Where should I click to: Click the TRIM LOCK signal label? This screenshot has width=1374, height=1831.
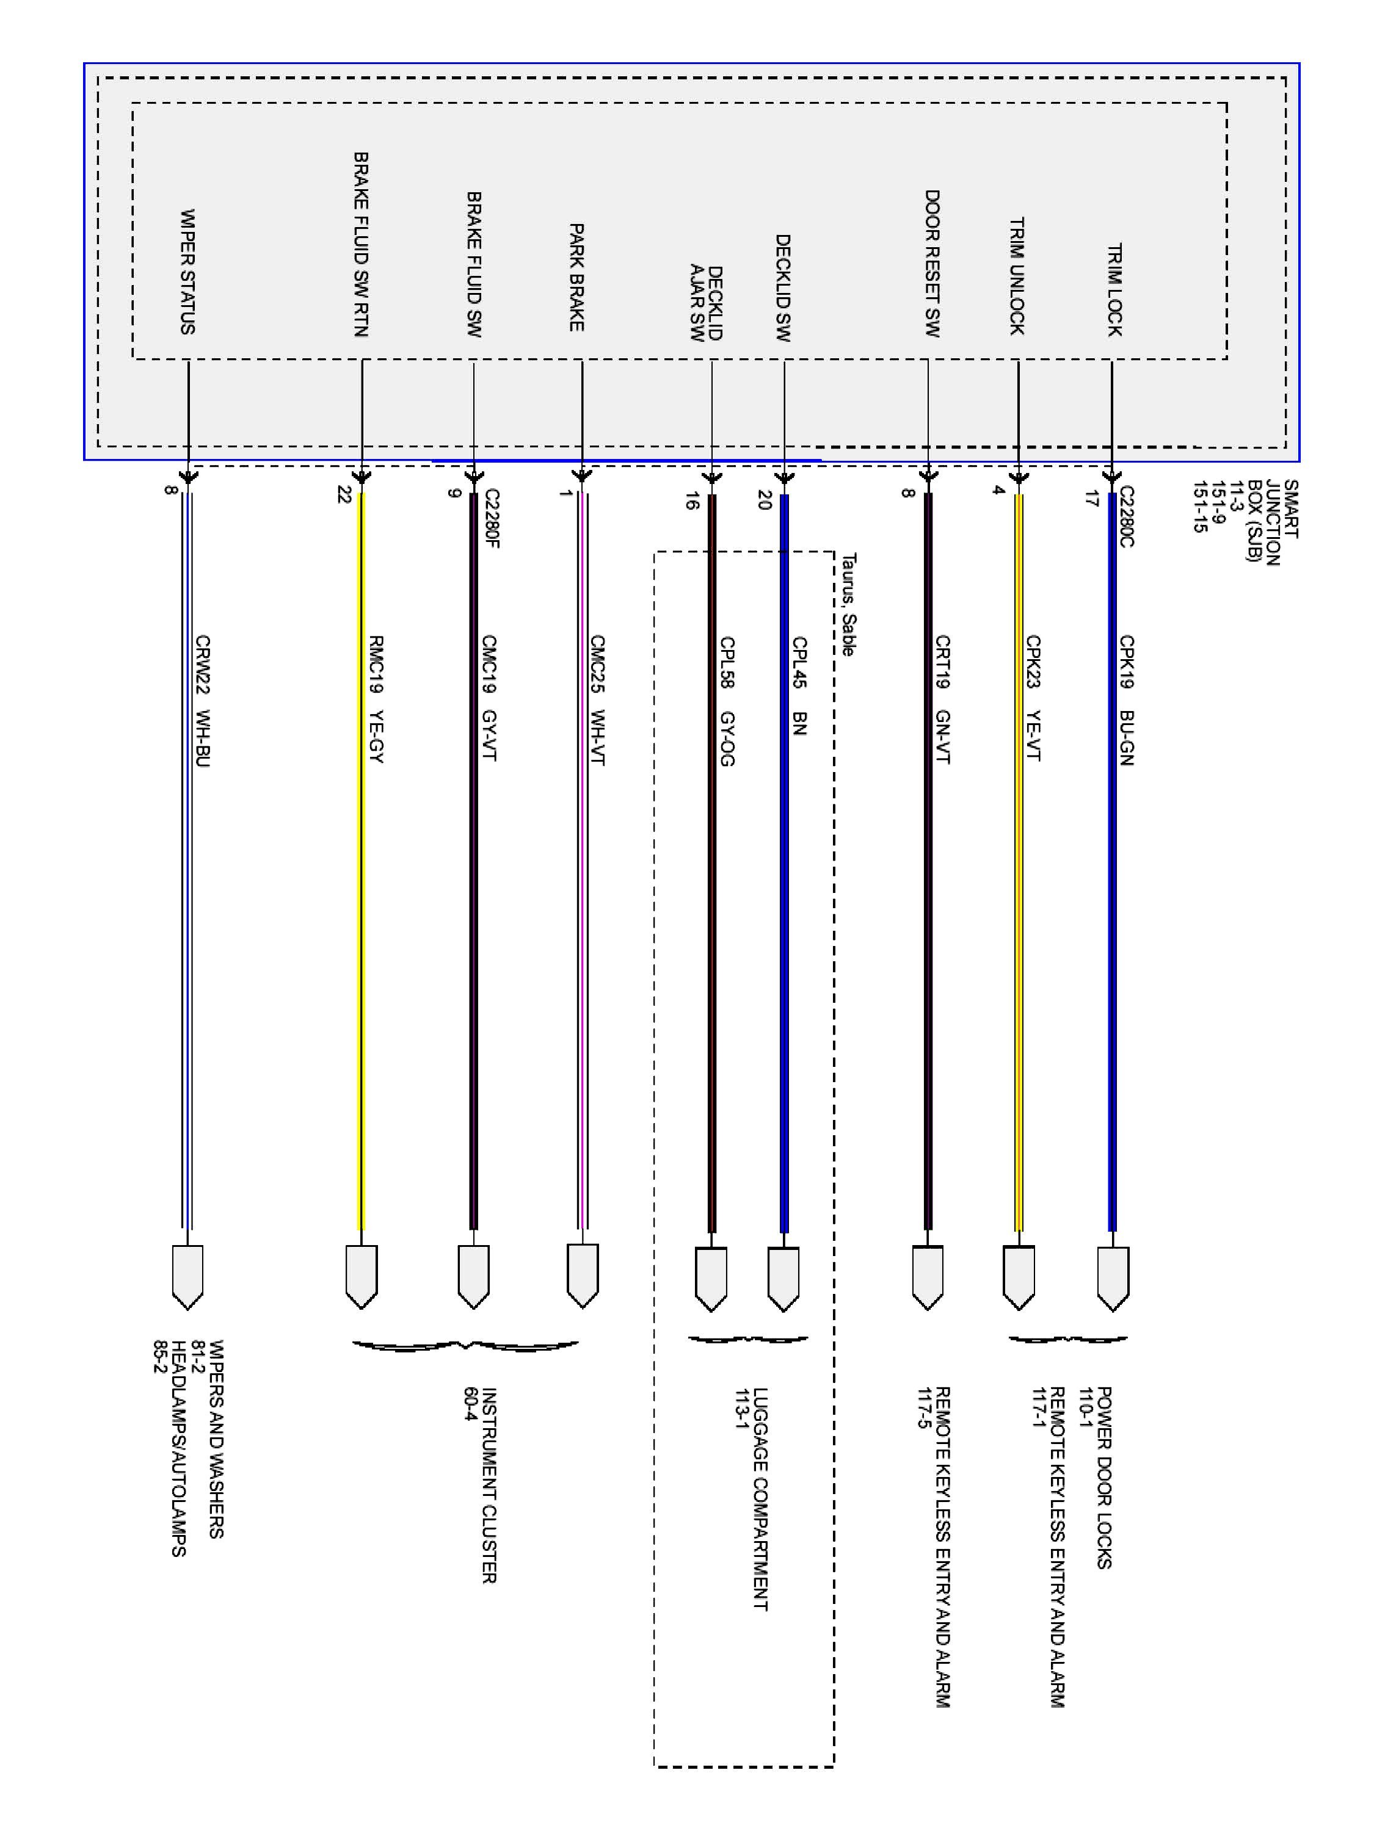1114,290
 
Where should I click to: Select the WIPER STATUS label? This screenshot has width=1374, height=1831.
188,272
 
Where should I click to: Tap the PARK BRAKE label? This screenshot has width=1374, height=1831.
576,277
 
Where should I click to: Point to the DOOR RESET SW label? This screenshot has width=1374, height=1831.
932,263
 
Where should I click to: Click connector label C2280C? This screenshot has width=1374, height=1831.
1126,516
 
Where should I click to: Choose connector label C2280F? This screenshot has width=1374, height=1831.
492,519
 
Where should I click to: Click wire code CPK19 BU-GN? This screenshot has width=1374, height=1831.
1126,700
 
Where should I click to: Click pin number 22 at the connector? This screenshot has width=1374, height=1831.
344,495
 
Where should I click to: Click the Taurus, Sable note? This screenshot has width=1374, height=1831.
848,605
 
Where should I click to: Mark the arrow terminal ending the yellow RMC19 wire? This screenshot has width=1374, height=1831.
361,1276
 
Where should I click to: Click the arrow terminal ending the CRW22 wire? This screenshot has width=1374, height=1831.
188,1276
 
